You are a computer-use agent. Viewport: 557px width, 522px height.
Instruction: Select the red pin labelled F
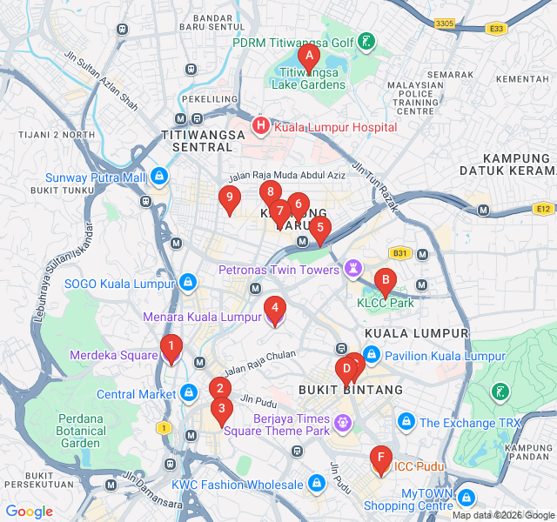tap(379, 458)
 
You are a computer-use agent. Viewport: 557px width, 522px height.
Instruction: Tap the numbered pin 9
tap(230, 200)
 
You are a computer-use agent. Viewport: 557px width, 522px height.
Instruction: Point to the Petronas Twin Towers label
tap(278, 270)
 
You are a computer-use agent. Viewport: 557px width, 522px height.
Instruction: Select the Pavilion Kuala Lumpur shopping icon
tap(372, 356)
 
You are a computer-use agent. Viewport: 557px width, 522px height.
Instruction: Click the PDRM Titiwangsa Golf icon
tap(366, 42)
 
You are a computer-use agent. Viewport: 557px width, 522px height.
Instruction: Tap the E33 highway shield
tap(496, 29)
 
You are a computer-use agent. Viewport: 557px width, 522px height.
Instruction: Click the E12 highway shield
tap(543, 209)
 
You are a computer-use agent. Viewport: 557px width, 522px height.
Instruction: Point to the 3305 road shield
tap(444, 23)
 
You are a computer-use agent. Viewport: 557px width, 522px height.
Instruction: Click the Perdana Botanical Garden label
tap(81, 431)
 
